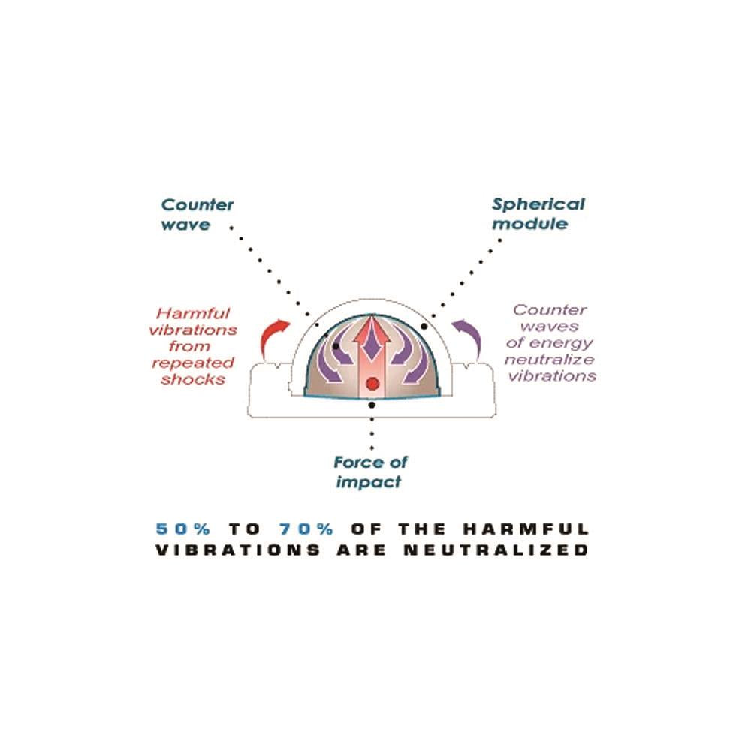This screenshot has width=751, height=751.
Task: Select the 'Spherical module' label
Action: point(538,213)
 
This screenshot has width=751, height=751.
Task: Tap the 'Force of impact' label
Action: point(372,472)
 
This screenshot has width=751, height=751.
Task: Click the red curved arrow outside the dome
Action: point(273,337)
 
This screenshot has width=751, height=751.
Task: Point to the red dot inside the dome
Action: point(371,385)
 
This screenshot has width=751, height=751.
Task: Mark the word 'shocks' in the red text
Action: point(199,379)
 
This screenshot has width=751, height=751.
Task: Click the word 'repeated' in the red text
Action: point(193,363)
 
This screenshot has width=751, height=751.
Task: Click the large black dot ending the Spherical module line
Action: point(425,327)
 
